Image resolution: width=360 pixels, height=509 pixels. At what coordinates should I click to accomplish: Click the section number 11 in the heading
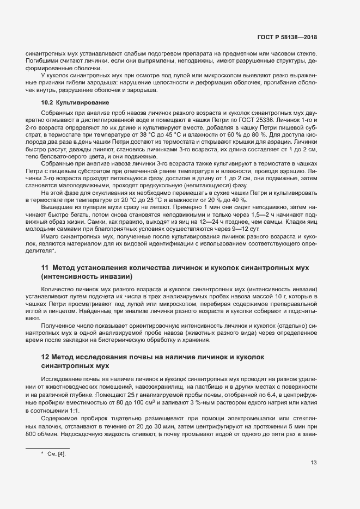46,268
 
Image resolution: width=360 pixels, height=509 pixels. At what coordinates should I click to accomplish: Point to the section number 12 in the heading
46,357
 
